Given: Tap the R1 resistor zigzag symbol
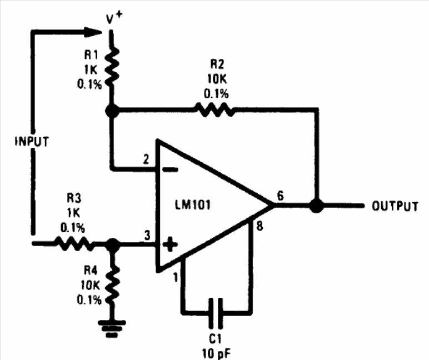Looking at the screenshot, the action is click(x=112, y=66).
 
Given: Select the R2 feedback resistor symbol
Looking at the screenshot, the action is click(x=214, y=109).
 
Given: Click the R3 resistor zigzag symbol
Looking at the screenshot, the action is click(x=74, y=243).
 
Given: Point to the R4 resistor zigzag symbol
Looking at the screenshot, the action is click(x=112, y=284).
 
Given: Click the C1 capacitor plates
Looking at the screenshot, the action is click(x=216, y=313).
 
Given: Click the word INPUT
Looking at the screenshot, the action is click(x=32, y=142).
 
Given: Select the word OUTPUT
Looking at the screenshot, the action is click(x=395, y=206).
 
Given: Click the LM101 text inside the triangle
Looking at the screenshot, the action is click(x=193, y=204).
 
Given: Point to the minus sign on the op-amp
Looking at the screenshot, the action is click(x=170, y=170).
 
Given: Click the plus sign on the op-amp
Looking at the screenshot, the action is click(x=170, y=244).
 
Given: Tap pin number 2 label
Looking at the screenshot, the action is click(x=147, y=159).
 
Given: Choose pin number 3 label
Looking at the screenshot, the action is click(x=147, y=235).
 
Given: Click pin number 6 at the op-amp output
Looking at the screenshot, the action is click(x=281, y=196).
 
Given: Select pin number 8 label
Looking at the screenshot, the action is click(x=259, y=226).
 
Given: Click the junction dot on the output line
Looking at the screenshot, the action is click(x=317, y=206).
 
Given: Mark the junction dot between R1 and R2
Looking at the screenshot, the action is click(x=112, y=111).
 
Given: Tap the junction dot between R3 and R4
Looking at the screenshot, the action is click(x=113, y=244).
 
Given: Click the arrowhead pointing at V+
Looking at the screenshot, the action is click(x=93, y=32).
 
